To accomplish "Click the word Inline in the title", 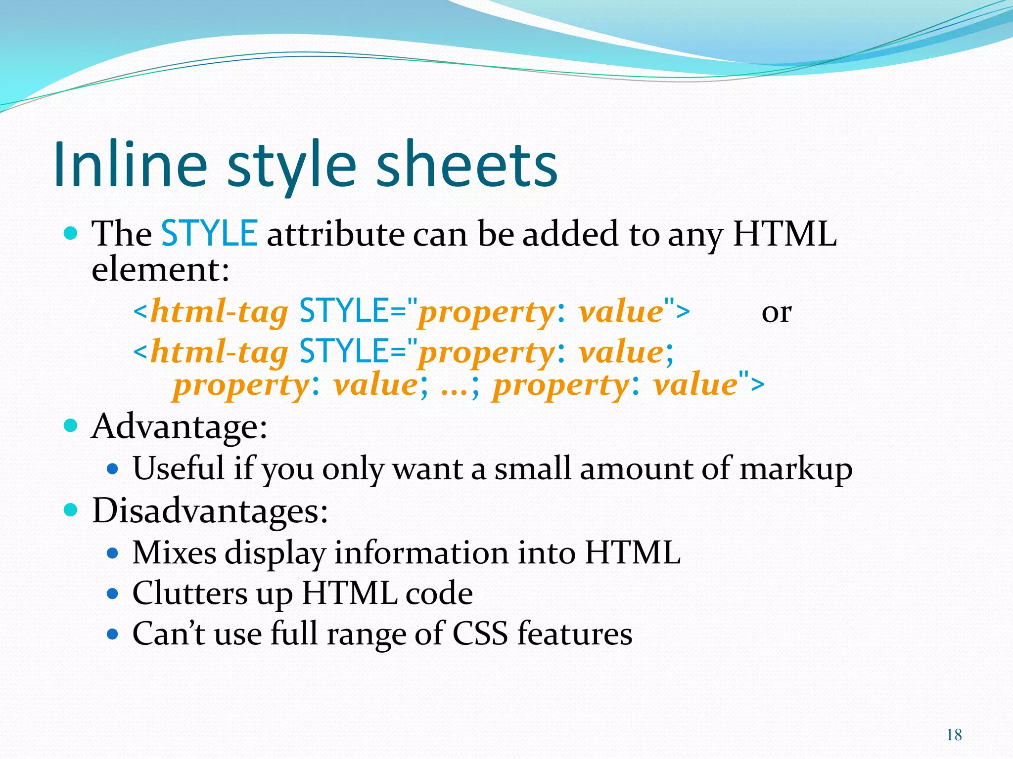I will [x=130, y=164].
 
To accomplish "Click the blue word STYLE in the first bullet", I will [x=209, y=233].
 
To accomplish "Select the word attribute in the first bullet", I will [x=335, y=234].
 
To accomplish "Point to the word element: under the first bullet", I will [x=161, y=270].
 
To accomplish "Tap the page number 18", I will [x=954, y=735].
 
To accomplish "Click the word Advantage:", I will [x=180, y=426].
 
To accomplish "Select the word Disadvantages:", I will [x=210, y=510].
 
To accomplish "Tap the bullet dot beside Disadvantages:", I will [x=71, y=509].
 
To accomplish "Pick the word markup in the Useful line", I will [x=796, y=469].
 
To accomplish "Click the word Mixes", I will [x=174, y=552].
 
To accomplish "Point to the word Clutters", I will [x=190, y=593].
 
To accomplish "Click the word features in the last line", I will [x=575, y=633].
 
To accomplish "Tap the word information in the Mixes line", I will [x=421, y=552].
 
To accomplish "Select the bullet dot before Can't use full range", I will [x=113, y=633].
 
